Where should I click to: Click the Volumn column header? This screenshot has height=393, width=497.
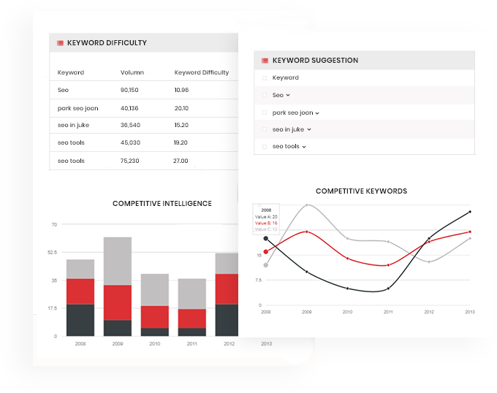[x=132, y=72]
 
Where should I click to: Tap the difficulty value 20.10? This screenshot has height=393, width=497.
[x=181, y=108]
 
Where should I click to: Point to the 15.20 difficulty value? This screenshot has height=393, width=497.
[x=181, y=125]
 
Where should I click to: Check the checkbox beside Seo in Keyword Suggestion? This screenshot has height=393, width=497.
[x=265, y=95]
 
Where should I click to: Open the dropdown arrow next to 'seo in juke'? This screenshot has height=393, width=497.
[x=309, y=129]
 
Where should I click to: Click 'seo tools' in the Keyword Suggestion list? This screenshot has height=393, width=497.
[x=286, y=146]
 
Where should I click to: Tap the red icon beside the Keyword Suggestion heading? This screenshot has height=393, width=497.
[x=265, y=61]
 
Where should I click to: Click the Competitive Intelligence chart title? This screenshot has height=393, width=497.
[x=162, y=204]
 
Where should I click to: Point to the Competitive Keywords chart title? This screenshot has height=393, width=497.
[x=361, y=191]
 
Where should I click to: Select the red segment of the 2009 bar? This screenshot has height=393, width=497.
[x=117, y=302]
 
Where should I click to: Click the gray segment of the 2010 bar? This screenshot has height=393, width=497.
[x=155, y=289]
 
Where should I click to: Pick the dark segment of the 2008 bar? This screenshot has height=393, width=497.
[x=80, y=320]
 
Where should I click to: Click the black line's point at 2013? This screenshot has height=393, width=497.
[x=470, y=211]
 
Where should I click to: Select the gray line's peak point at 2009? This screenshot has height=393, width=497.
[x=306, y=205]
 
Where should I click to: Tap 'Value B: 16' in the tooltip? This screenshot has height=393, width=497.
[x=266, y=223]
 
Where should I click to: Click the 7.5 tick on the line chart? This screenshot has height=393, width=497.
[x=259, y=280]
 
